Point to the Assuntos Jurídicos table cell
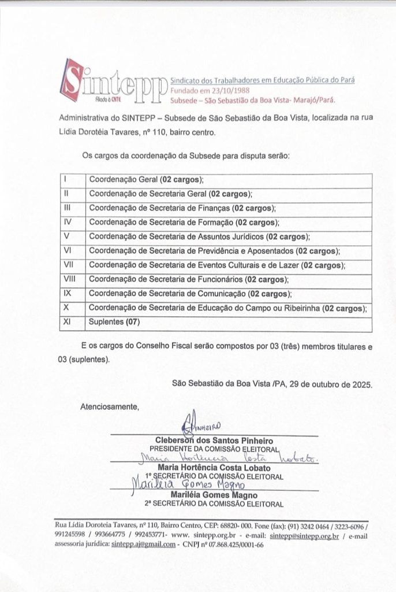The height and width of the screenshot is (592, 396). [x=199, y=236]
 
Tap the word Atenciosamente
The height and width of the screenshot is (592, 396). [x=110, y=406]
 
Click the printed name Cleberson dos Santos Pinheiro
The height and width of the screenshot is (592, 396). [x=214, y=441]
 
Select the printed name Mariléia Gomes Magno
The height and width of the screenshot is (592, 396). [x=214, y=495]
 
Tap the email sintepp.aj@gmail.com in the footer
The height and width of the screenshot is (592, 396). [x=144, y=545]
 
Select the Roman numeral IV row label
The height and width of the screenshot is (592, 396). [x=68, y=222]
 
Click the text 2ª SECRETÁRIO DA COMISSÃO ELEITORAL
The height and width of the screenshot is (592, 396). [x=214, y=504]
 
